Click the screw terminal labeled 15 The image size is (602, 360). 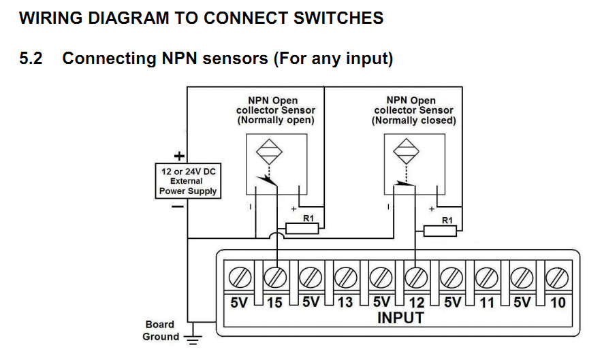coord(275,278)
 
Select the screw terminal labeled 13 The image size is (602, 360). coord(345,278)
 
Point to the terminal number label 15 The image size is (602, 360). coord(274,302)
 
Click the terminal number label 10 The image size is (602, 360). coord(558,302)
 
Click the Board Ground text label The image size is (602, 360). coord(160,331)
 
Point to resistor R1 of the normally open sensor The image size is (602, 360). coord(302,229)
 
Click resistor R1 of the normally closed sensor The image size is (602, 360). coord(440,230)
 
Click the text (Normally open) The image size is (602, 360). coord(276,120)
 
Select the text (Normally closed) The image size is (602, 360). coord(413,120)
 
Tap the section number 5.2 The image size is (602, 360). coord(31,59)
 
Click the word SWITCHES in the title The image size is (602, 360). coord(336,18)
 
